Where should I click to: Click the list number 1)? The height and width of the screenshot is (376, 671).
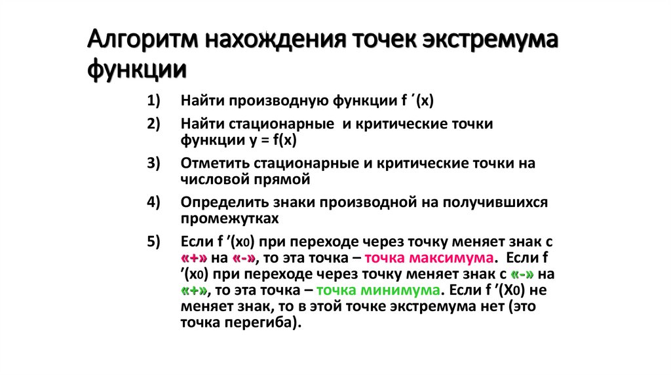click(153, 101)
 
